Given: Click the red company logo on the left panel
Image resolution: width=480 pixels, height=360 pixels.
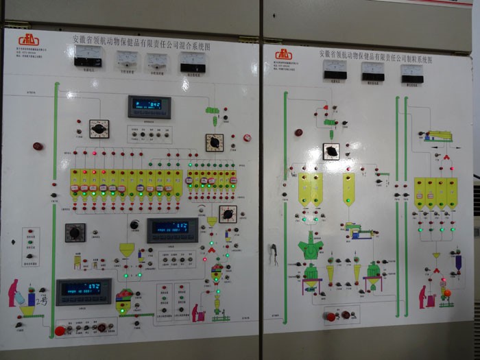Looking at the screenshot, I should pos(29,40).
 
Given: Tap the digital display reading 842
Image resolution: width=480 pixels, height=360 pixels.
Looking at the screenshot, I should pos(149,105).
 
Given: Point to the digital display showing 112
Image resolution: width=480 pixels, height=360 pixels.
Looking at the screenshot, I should pos(173,228).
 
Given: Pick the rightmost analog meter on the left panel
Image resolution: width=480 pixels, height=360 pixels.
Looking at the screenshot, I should pos(193,62).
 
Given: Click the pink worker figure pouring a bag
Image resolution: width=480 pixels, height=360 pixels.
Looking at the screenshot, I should pos(14,293).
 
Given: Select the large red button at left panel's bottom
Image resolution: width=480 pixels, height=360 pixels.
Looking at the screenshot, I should pos(60,331).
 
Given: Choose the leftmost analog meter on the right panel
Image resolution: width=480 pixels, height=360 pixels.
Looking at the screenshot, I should pos(335,69).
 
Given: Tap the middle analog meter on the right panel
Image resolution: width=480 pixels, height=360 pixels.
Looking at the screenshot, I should pos(373,71).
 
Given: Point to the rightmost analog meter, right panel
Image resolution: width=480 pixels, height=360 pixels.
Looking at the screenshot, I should pos(412,73).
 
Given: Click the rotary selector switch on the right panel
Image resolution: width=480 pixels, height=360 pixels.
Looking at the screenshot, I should pos(331,151).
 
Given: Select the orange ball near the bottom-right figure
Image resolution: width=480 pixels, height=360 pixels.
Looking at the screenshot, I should pos(447,294).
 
